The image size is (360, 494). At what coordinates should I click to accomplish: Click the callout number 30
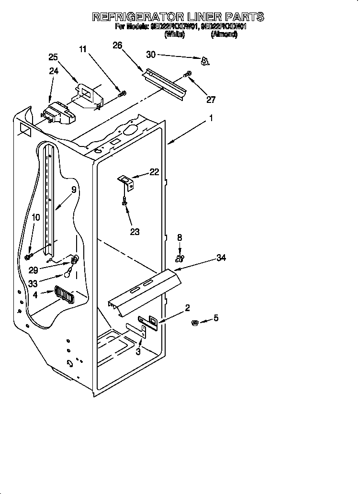tap(151, 55)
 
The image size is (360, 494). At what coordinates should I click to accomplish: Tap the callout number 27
tap(211, 100)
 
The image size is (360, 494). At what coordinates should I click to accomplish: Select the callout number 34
tap(221, 258)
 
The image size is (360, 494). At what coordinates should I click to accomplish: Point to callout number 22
tap(154, 172)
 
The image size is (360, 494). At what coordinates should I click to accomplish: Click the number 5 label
tap(216, 318)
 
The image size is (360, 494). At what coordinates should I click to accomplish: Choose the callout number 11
tap(83, 49)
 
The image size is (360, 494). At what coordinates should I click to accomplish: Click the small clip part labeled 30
tap(205, 61)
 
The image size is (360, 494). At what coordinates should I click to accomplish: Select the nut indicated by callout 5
tap(195, 322)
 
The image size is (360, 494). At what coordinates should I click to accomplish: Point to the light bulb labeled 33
tap(70, 274)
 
